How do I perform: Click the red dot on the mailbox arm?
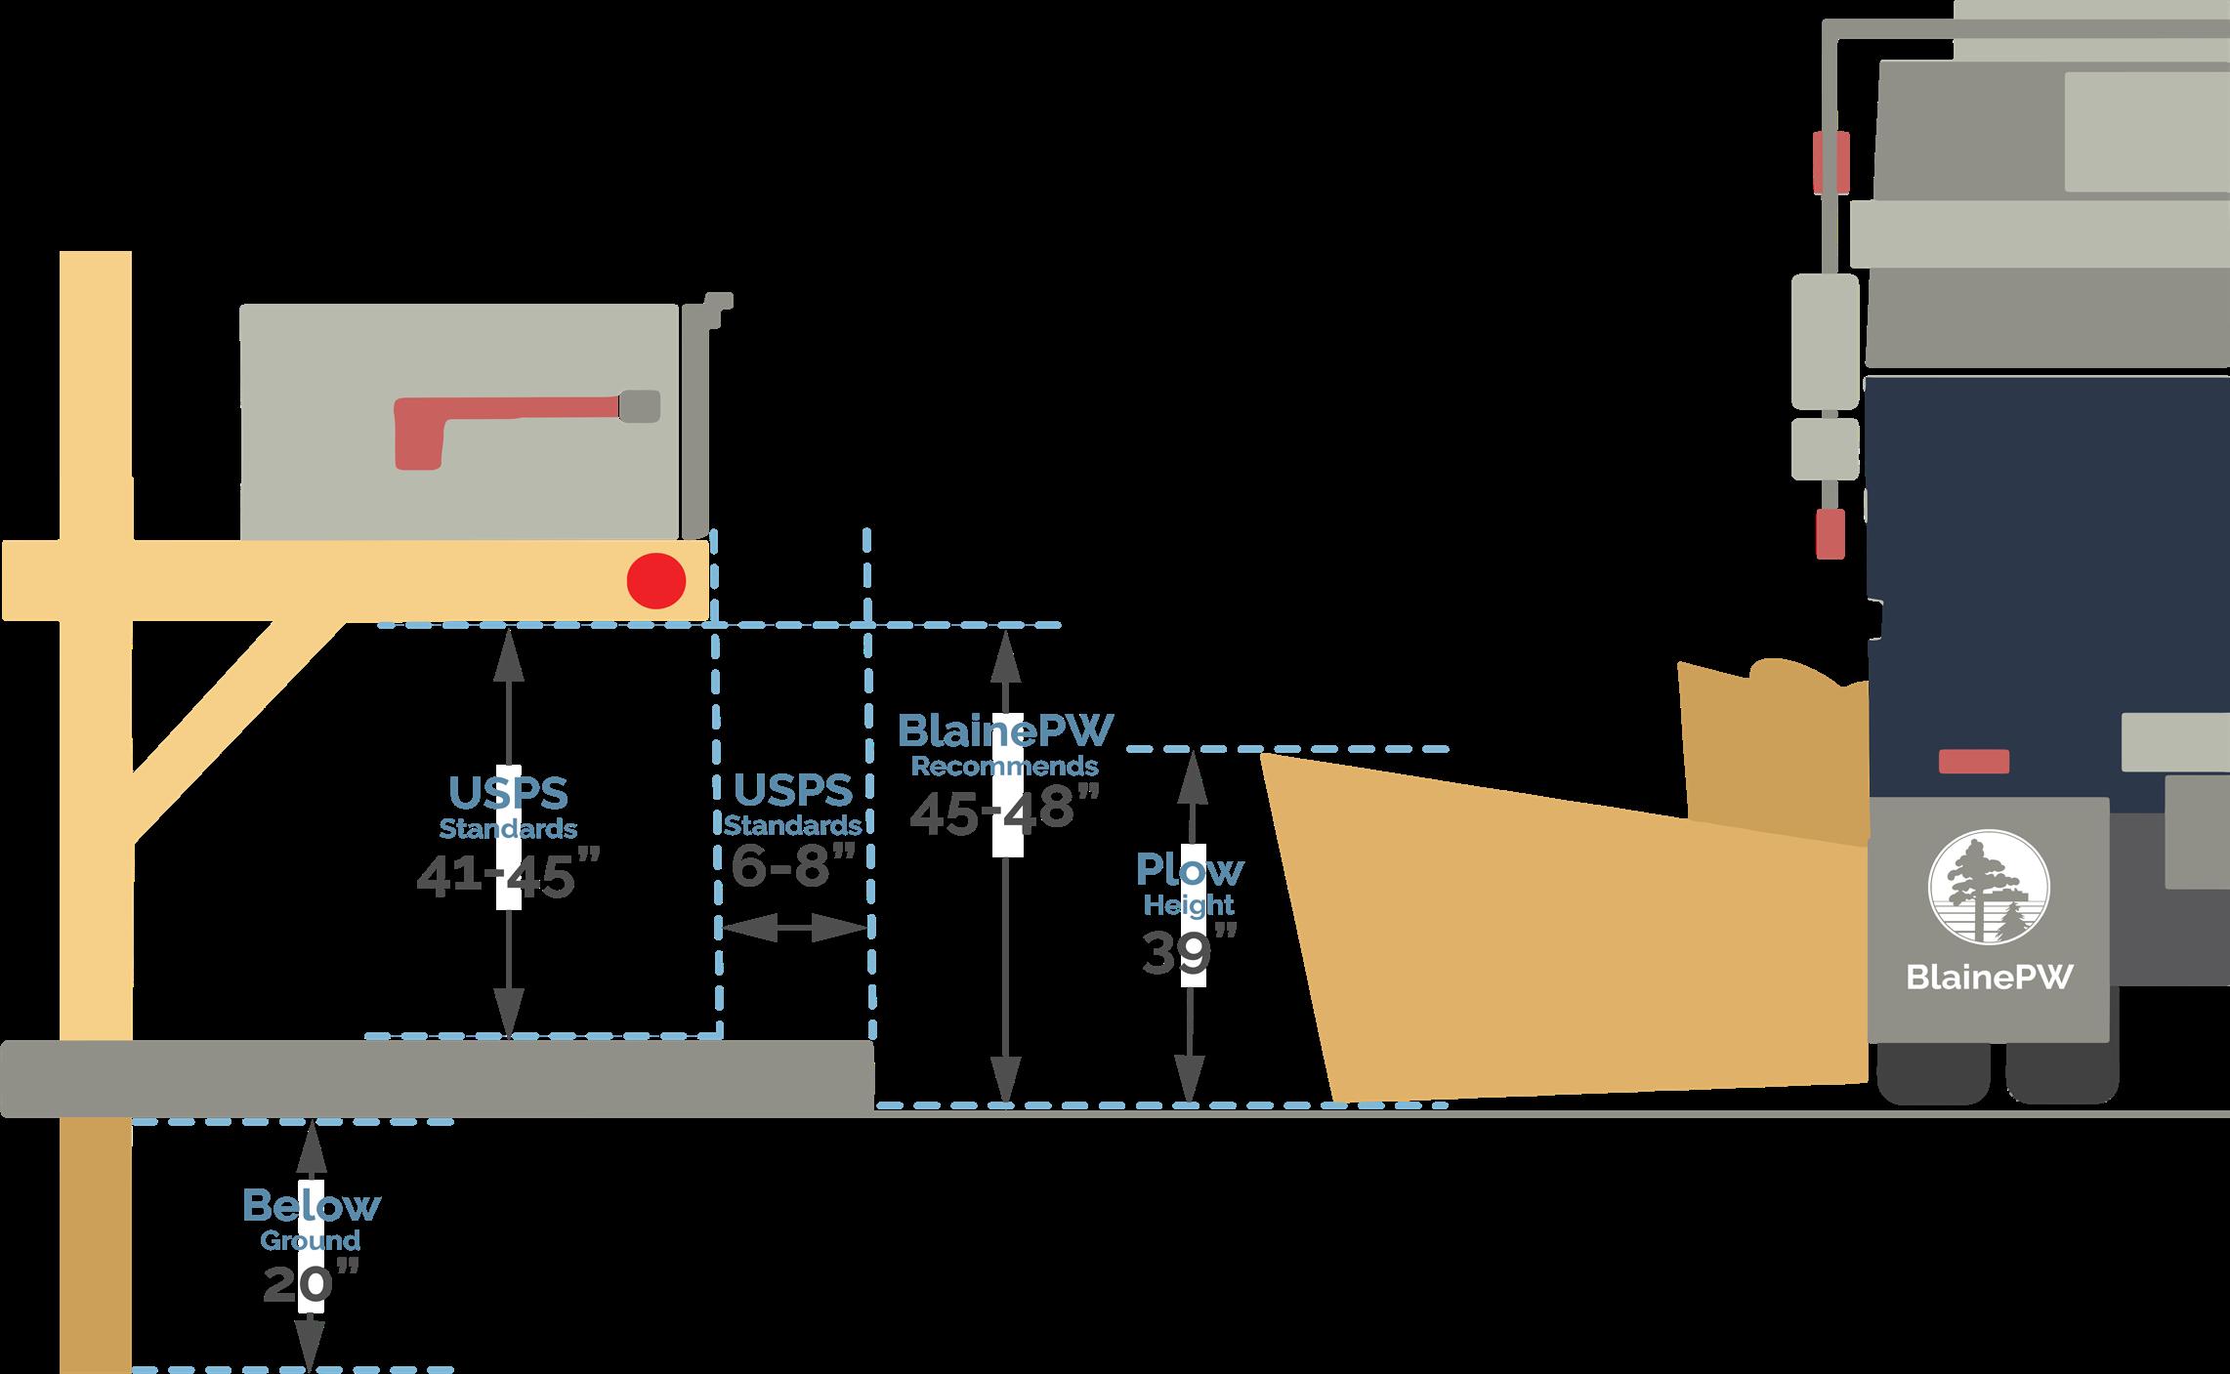655,580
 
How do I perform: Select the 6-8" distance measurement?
793,864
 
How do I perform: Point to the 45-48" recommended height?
1004,810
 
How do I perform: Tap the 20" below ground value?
312,1283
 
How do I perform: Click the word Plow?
1189,868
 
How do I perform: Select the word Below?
312,1206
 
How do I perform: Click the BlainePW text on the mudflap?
1989,978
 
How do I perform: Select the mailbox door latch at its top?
718,304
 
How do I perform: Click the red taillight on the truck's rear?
1973,761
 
